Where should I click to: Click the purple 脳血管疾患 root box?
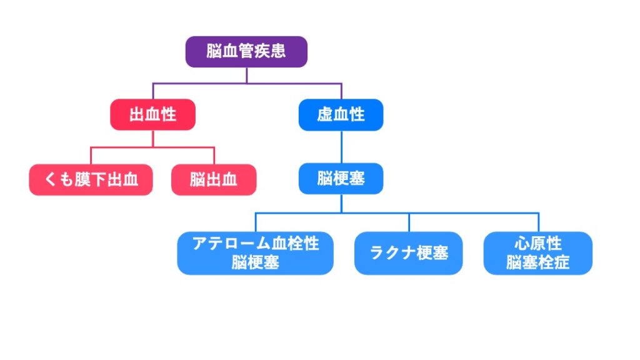[x=246, y=52]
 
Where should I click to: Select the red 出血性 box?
[x=152, y=115]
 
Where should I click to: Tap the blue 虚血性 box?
[x=341, y=115]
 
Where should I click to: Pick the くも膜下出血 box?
[x=91, y=180]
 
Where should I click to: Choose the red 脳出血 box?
[x=214, y=180]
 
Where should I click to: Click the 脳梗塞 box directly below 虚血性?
[x=341, y=179]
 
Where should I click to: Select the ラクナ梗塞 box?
[x=409, y=253]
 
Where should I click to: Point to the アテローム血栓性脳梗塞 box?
[x=255, y=253]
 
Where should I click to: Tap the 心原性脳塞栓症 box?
[x=537, y=253]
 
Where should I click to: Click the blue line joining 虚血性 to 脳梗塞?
[x=341, y=147]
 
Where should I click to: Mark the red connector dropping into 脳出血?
[x=214, y=156]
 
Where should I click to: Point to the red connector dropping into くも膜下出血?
[x=91, y=156]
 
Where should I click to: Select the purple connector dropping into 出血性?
[x=153, y=91]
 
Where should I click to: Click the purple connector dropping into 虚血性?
[x=341, y=91]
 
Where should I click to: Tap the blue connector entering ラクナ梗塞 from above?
[x=409, y=222]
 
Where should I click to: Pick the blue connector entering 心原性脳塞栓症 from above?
[x=538, y=222]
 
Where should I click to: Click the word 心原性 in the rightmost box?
[x=537, y=244]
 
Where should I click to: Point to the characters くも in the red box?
[x=58, y=180]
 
